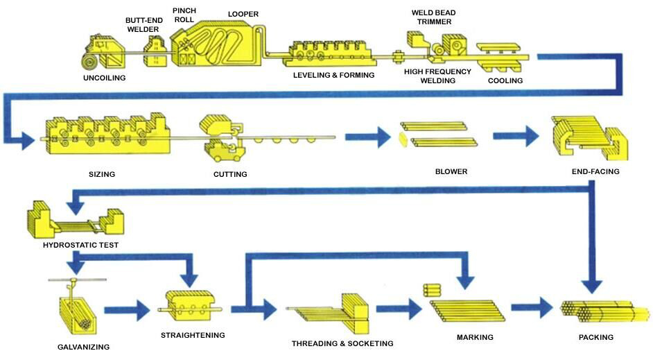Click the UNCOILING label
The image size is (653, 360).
pos(104,78)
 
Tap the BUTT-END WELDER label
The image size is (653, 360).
pos(143,24)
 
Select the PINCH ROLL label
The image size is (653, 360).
pos(184,15)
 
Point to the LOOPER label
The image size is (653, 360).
pos(243,14)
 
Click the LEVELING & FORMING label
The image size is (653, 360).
pos(333,76)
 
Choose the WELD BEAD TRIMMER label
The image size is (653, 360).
pos(433,17)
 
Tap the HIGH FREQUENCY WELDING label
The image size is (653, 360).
pos(437,76)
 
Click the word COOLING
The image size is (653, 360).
pos(505,81)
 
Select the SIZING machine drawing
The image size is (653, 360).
pos(106,133)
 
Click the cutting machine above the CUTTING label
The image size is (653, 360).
pos(224,138)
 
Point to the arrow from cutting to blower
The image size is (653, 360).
pos(367,137)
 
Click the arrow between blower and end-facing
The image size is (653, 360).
pos(516,136)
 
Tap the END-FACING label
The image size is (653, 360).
pos(595,171)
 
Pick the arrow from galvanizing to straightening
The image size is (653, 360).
pos(127,310)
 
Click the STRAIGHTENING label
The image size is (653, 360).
pos(193,336)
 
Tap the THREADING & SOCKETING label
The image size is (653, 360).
pos(342,344)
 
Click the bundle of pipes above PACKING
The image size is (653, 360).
pos(604,311)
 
